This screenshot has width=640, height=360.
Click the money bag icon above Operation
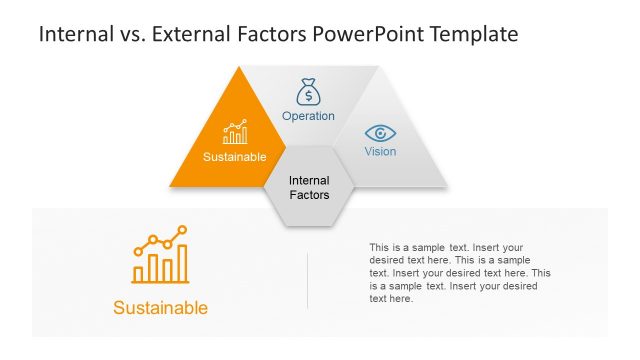tap(308, 93)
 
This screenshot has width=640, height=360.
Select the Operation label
tap(308, 116)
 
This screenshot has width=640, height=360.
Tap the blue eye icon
tap(380, 133)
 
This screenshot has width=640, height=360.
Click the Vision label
tap(380, 152)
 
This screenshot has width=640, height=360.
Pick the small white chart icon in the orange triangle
tap(235, 133)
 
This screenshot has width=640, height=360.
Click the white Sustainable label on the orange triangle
tap(235, 157)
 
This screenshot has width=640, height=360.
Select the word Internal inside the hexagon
tap(309, 181)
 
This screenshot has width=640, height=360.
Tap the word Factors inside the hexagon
tap(309, 195)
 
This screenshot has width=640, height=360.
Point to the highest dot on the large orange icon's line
tap(183, 230)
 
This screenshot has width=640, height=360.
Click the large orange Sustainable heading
tap(161, 308)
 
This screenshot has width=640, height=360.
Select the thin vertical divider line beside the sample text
tap(307, 280)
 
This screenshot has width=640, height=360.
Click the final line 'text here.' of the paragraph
tap(391, 299)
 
